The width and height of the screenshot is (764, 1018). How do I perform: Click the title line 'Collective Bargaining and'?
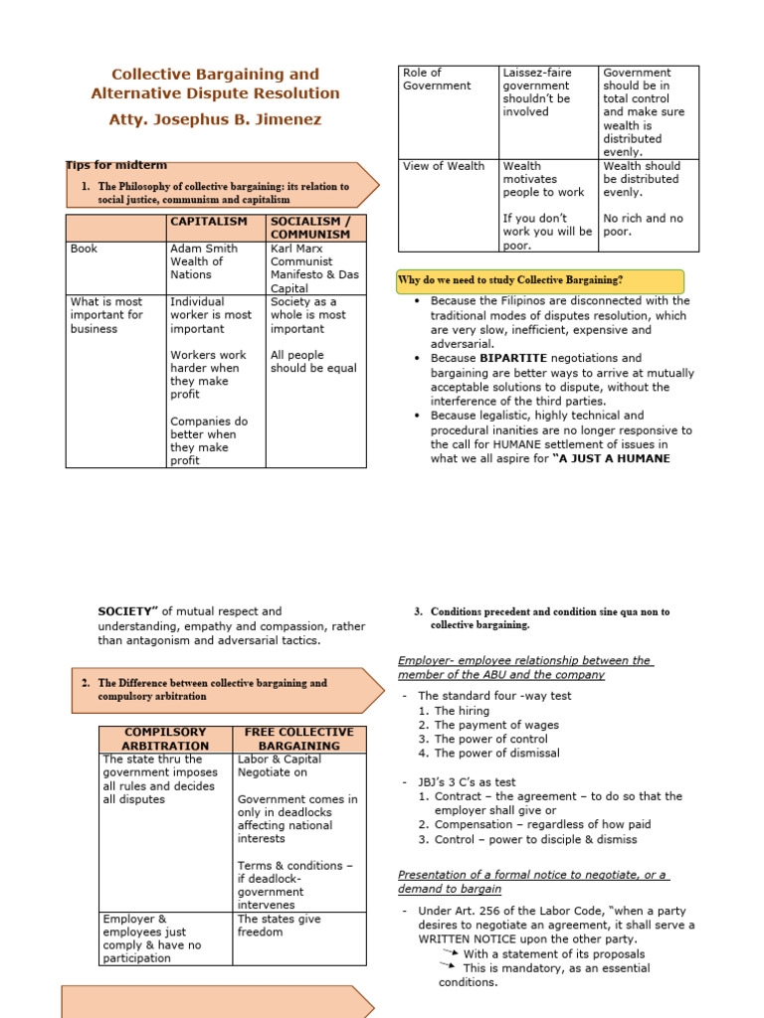(x=215, y=74)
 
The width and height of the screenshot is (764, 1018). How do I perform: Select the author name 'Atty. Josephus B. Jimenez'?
(x=215, y=119)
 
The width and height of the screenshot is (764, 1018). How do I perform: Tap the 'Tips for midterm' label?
(x=116, y=165)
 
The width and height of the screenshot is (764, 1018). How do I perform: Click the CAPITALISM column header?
(x=215, y=221)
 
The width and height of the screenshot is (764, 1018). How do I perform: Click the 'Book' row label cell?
(x=84, y=249)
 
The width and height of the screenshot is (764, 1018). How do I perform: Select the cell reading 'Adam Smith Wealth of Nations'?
(x=204, y=261)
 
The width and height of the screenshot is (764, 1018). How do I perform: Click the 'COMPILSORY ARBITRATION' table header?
(x=165, y=739)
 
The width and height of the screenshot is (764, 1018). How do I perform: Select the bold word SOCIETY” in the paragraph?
(x=129, y=611)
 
